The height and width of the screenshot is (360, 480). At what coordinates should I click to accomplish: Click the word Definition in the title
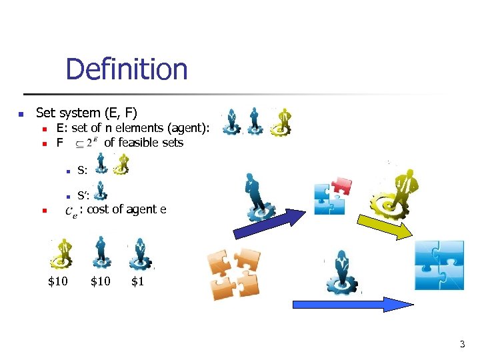(x=127, y=69)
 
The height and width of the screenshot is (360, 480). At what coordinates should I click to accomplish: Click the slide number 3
(x=462, y=345)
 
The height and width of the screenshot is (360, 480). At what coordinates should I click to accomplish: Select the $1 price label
(x=137, y=281)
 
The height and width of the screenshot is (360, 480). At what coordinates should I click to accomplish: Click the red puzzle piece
(x=341, y=186)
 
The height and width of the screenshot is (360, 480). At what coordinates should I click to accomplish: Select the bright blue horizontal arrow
(x=353, y=305)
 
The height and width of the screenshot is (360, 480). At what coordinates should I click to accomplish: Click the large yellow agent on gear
(x=401, y=189)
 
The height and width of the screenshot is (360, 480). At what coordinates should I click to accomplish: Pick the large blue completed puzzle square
(x=439, y=265)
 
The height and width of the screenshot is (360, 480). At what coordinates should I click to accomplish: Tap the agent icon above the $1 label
(x=141, y=253)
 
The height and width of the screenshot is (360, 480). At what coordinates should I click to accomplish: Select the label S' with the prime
(x=83, y=196)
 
